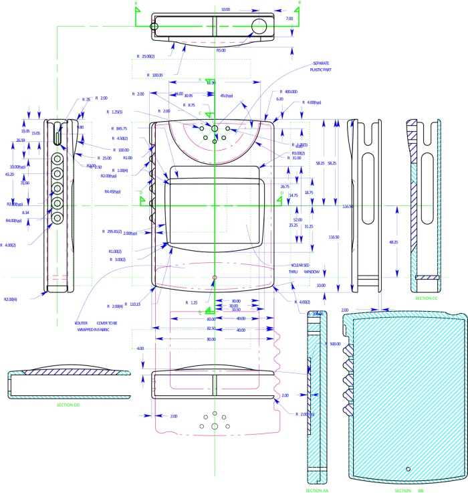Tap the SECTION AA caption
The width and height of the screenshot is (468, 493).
[316, 490]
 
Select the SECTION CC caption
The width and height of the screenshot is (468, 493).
[426, 298]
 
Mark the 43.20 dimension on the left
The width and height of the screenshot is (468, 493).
[9, 175]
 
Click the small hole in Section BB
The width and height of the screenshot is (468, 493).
[408, 469]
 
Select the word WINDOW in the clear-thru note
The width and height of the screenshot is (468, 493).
[312, 272]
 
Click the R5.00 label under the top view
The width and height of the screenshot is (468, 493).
[221, 50]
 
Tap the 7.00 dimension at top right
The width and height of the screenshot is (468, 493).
[289, 19]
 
